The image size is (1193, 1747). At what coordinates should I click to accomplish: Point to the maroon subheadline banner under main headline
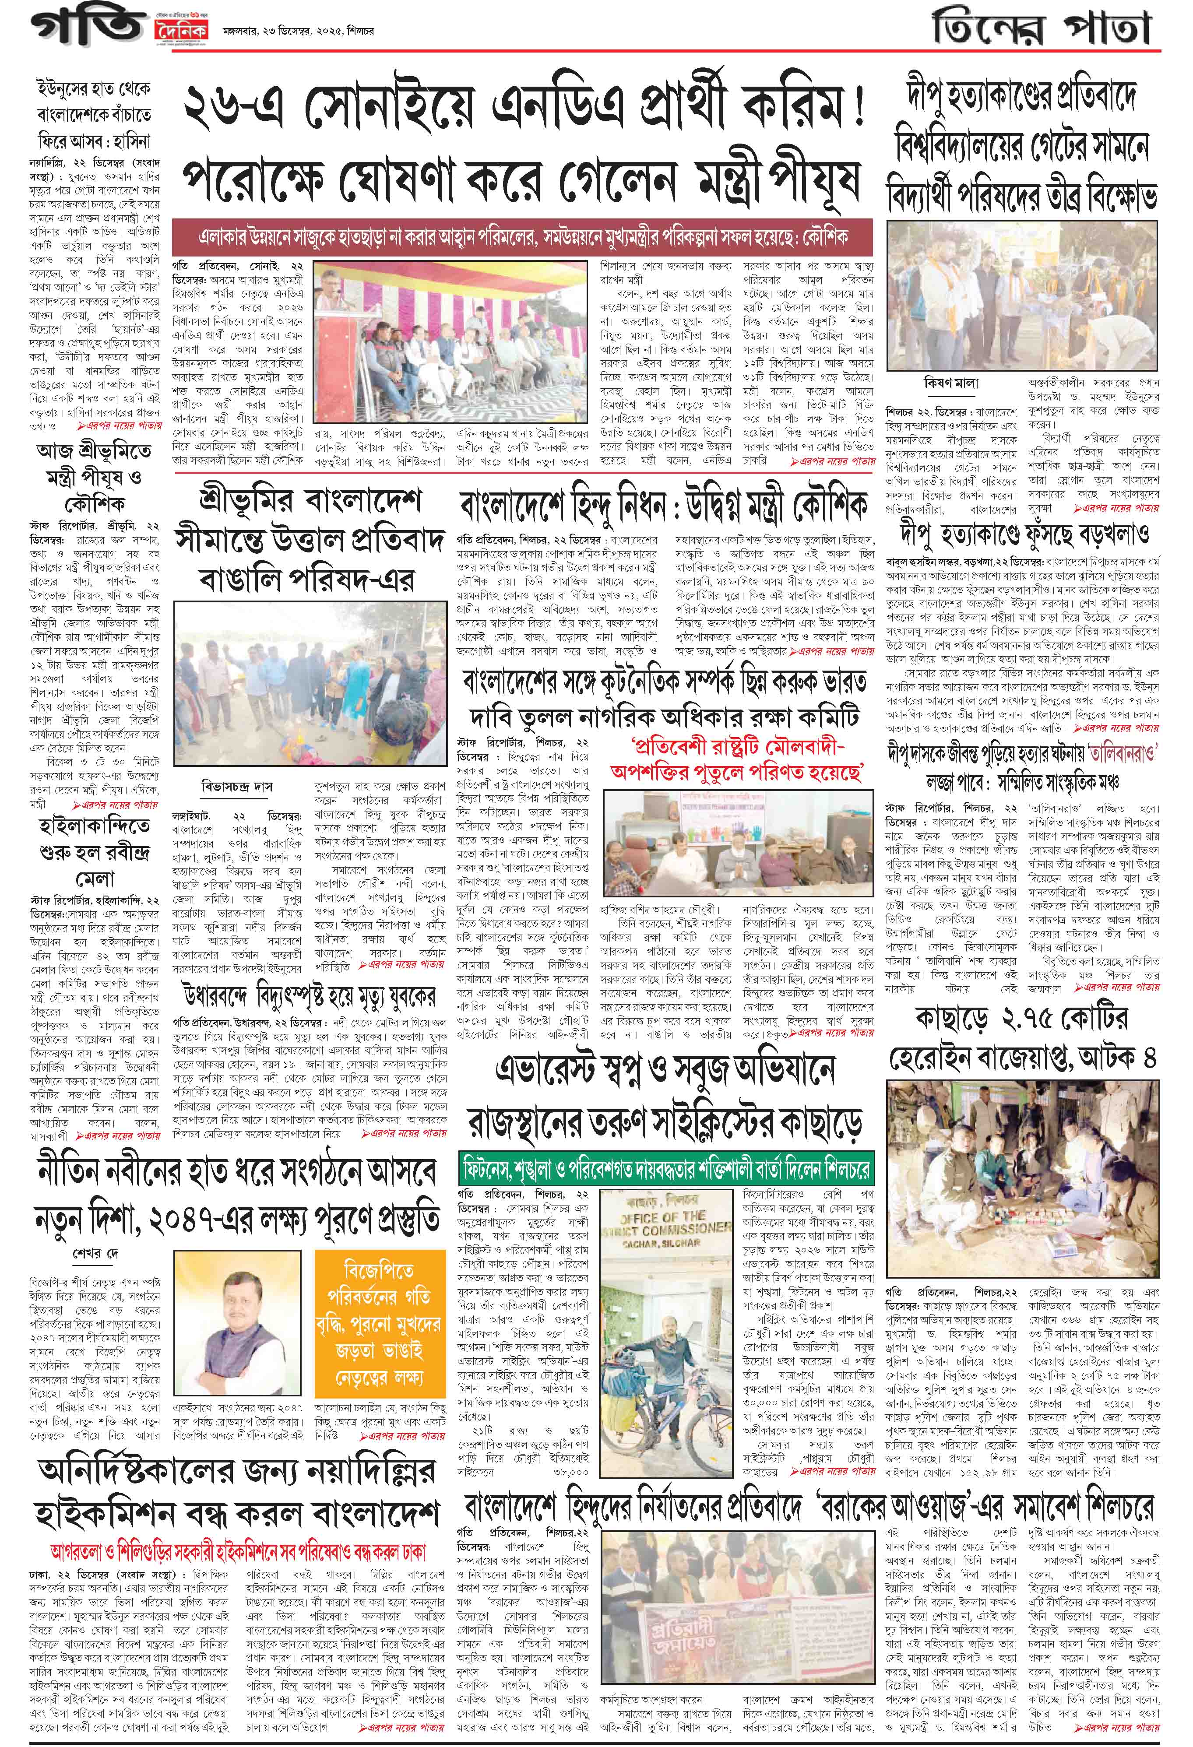(522, 238)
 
